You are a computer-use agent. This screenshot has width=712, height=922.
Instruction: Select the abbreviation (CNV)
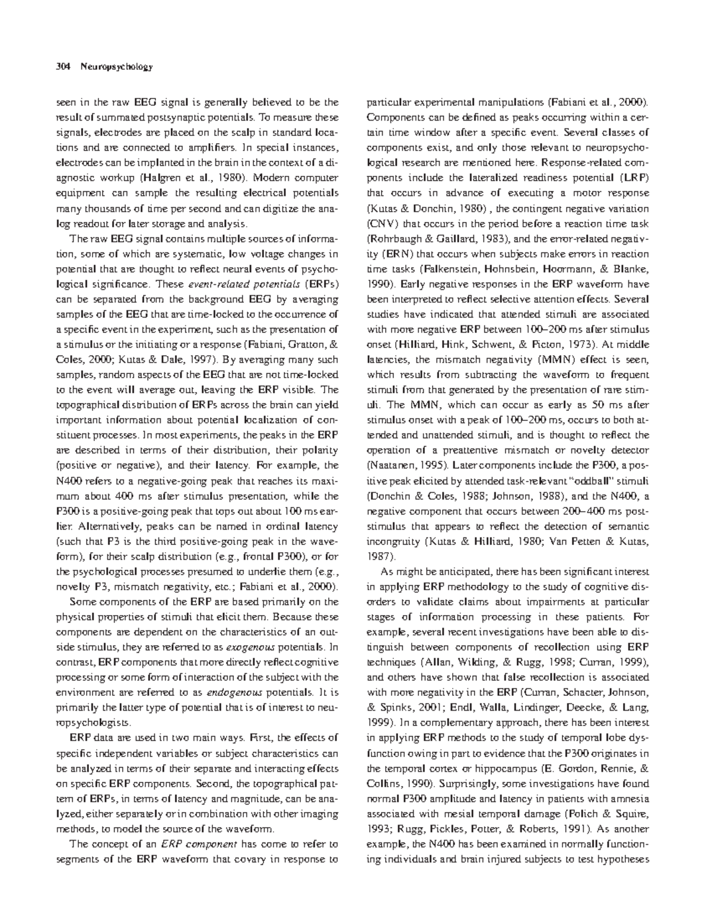pos(383,223)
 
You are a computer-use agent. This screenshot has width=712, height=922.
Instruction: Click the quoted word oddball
pos(606,481)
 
